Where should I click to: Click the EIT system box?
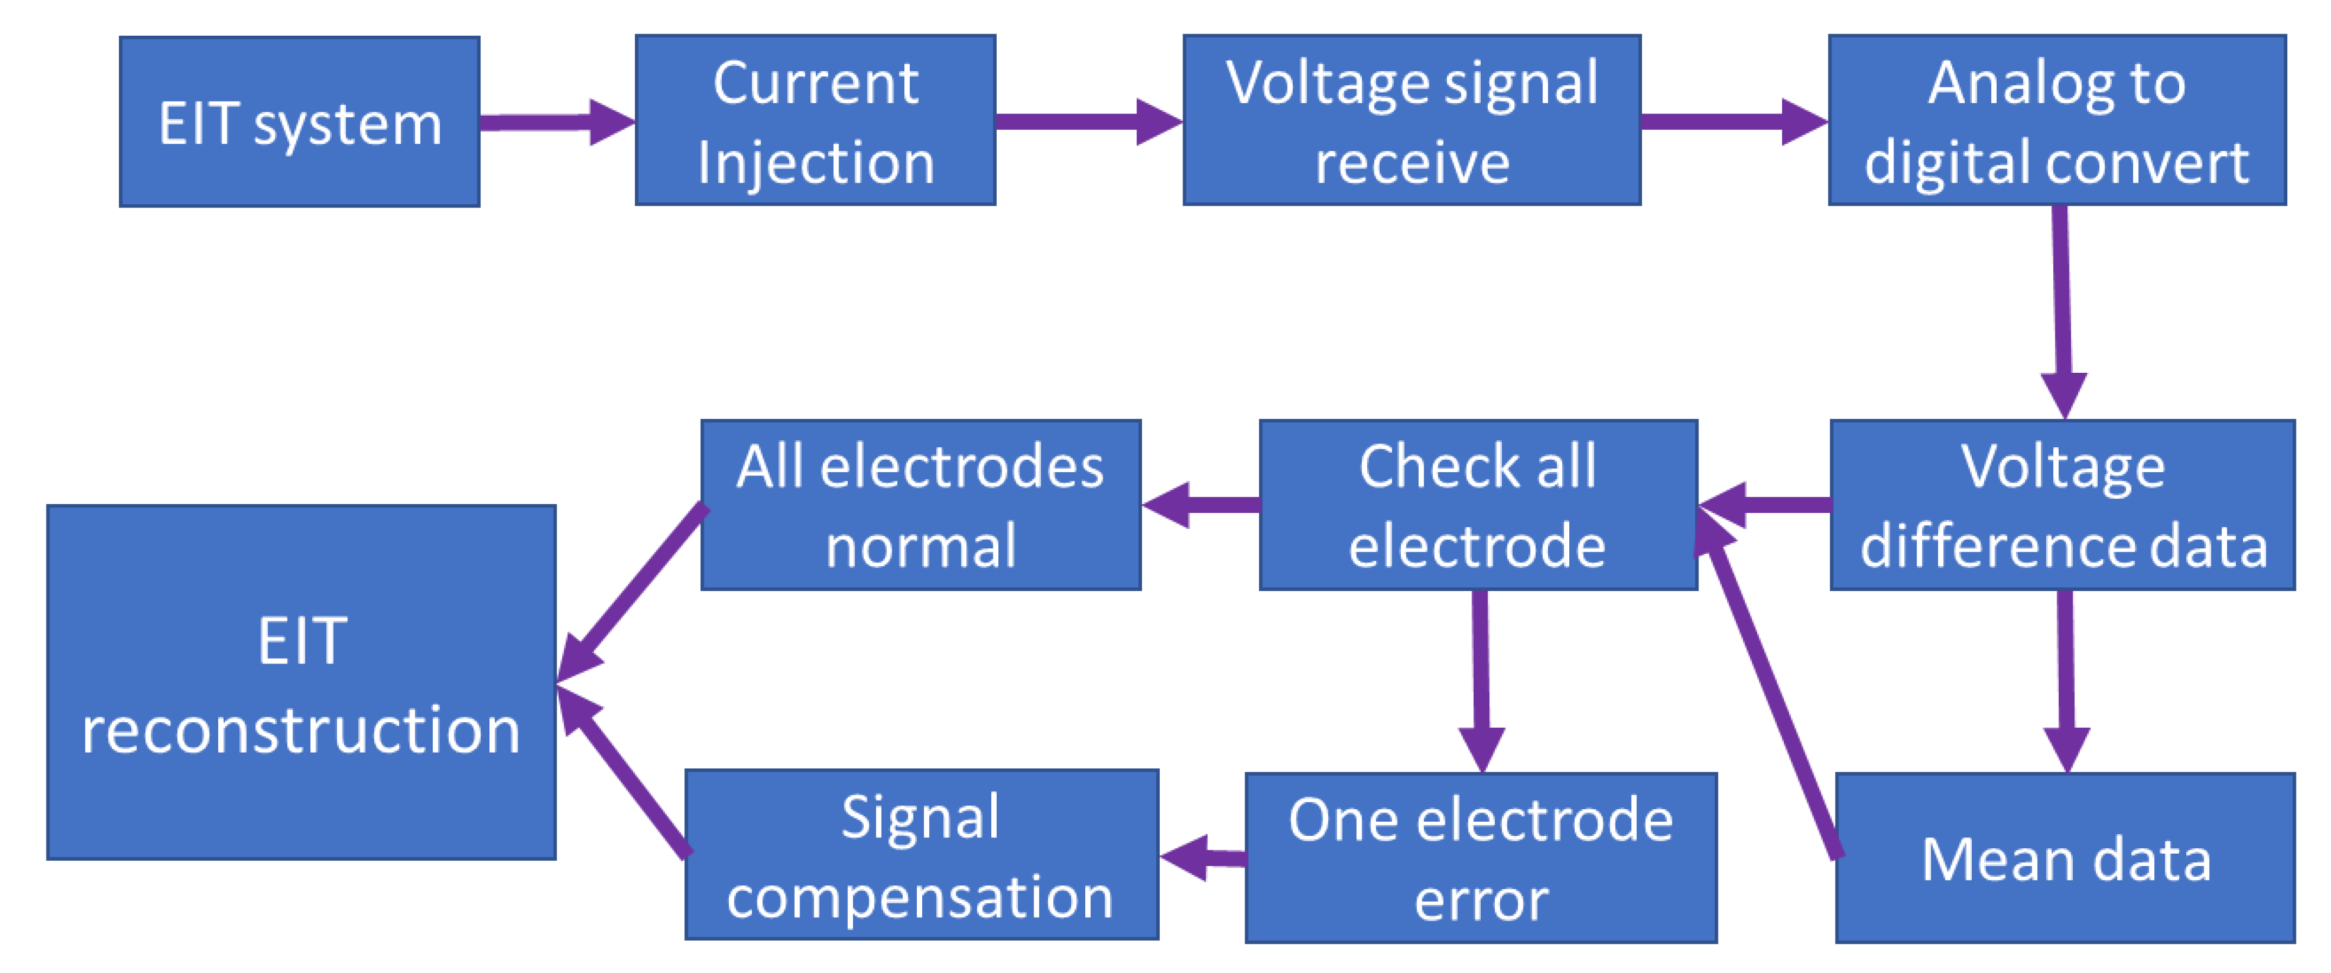coord(299,122)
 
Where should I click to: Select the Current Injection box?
coord(815,120)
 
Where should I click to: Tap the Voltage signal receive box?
coord(1412,120)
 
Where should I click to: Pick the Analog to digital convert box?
coord(2057,120)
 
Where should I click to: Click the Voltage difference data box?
coord(2063,505)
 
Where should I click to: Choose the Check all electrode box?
coord(1477,505)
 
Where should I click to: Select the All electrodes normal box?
coord(921,505)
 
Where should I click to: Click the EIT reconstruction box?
coord(301,682)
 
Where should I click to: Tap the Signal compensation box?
coord(921,855)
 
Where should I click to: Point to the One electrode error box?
coord(1480,858)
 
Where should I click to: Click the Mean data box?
coord(2065,858)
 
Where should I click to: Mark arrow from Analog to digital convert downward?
coord(2063,308)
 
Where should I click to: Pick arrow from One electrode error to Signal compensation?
coord(1204,857)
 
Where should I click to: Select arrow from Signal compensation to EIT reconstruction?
coord(624,774)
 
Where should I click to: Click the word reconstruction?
coord(301,729)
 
